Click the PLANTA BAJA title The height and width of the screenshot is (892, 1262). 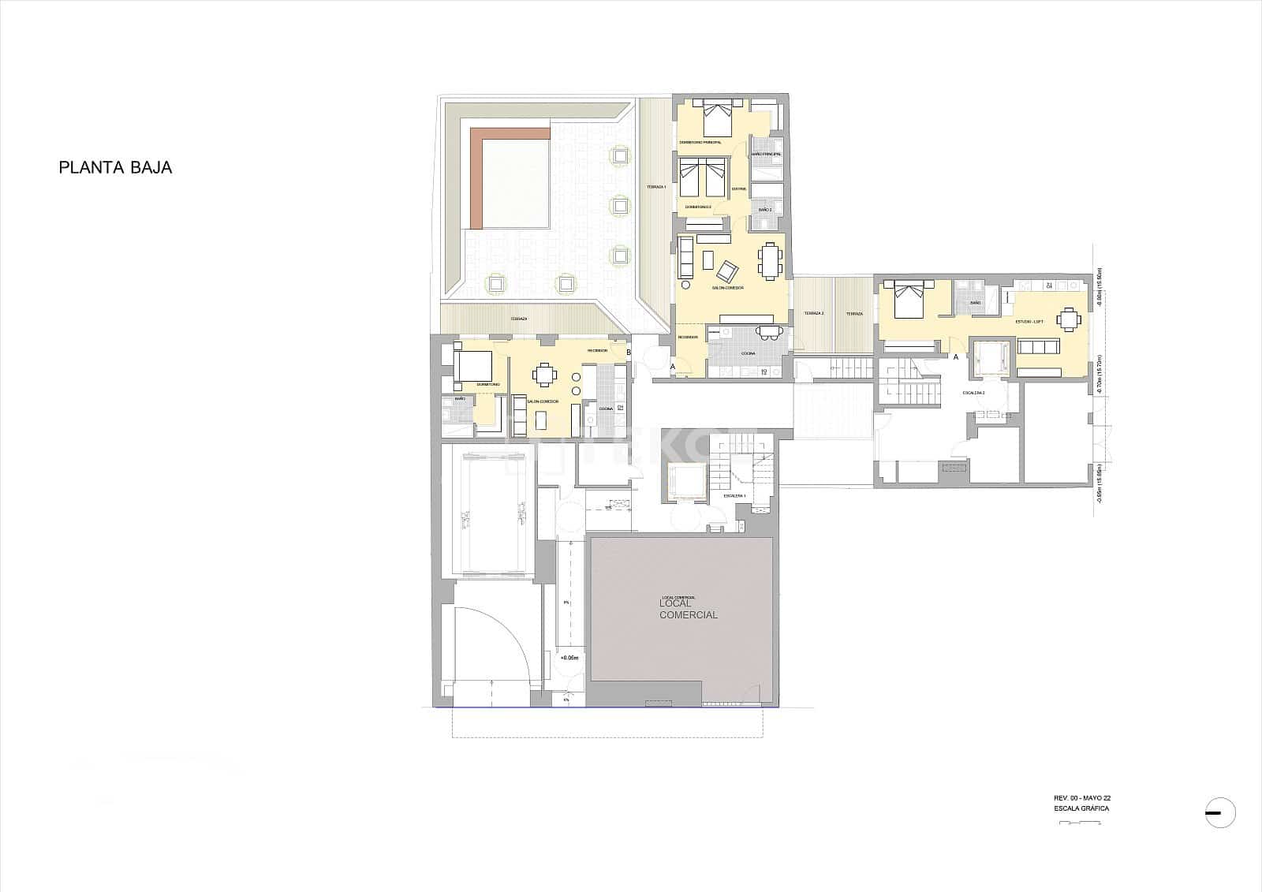(115, 168)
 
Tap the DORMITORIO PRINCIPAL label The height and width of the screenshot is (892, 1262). (700, 142)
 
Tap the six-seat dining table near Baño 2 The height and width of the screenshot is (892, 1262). (771, 261)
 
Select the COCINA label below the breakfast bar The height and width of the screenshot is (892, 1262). (747, 353)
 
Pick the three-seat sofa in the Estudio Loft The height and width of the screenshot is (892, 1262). (1040, 347)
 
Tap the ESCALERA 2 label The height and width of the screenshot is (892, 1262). (973, 392)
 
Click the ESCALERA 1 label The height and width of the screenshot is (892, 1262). (734, 496)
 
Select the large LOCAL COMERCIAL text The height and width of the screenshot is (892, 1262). (689, 609)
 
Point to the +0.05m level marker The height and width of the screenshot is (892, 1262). (569, 657)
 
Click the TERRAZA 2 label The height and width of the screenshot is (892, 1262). (814, 314)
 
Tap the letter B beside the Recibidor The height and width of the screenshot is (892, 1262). (629, 352)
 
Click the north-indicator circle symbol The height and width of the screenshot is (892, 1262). (1220, 812)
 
